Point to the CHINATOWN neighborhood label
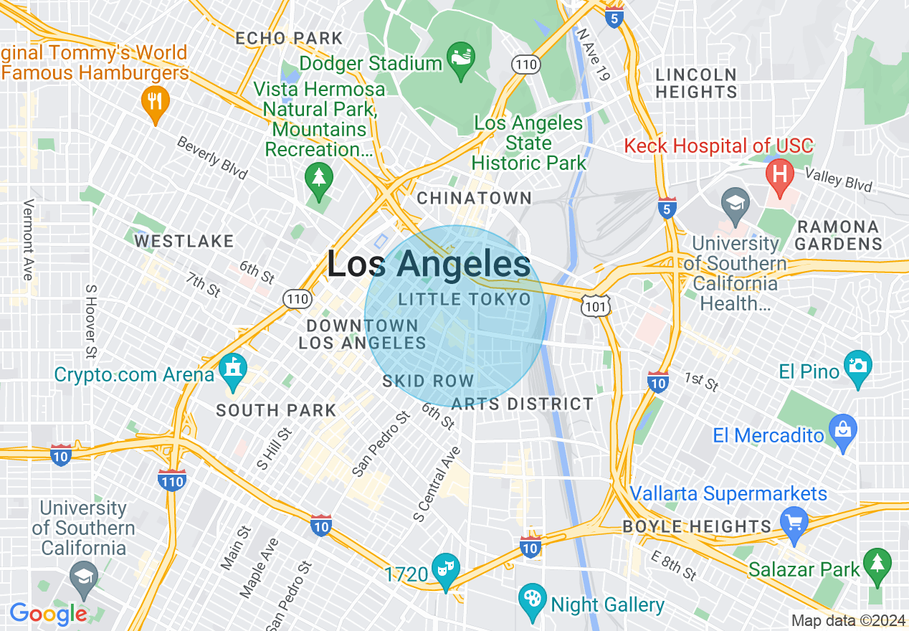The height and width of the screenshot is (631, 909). click(x=475, y=198)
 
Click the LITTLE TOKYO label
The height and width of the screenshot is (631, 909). click(x=465, y=299)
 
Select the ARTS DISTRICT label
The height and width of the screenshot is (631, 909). click(x=523, y=404)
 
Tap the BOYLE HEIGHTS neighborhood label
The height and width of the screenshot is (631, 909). click(x=697, y=526)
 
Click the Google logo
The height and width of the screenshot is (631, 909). click(x=48, y=614)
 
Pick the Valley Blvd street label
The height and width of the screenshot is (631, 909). click(x=838, y=180)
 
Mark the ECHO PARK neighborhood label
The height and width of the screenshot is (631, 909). click(x=289, y=38)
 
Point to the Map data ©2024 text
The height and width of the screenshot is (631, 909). click(x=847, y=620)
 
